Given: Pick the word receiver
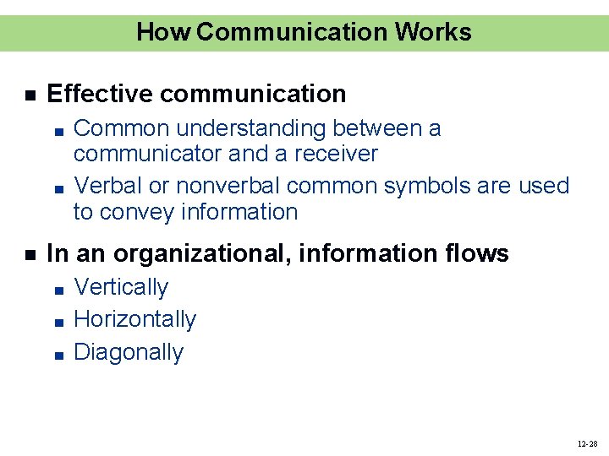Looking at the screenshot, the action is click(336, 154).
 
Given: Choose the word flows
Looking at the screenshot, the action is click(479, 253).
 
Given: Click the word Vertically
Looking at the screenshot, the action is click(121, 287).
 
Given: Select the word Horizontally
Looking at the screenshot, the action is click(135, 319).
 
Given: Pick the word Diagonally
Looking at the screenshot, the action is click(129, 351).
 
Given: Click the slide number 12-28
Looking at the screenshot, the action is click(587, 443).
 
